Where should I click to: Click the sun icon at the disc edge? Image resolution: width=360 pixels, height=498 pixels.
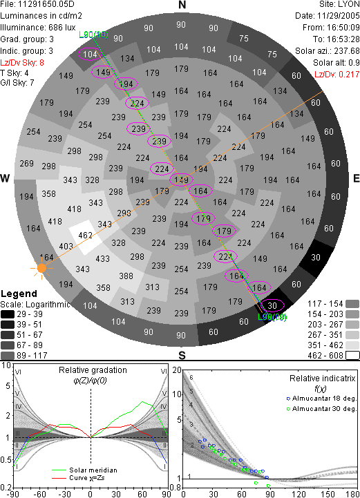click(41, 269)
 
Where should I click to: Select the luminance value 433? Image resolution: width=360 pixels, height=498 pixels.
click(103, 258)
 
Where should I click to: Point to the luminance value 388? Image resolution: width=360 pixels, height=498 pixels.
click(126, 276)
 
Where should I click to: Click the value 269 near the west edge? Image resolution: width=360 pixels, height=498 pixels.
click(27, 163)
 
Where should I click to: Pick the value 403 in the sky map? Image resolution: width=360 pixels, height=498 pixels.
click(66, 246)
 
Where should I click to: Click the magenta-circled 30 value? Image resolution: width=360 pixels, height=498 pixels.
click(272, 305)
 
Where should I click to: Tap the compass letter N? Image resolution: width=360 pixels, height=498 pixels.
click(182, 5)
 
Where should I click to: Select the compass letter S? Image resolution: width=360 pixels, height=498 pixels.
click(182, 355)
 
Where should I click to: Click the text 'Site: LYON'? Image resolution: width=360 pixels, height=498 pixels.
click(339, 4)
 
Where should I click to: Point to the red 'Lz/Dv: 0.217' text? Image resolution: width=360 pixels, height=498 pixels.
click(337, 75)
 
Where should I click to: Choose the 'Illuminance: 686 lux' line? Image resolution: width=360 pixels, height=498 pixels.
click(38, 28)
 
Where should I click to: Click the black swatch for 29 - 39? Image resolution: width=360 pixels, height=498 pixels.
click(8, 314)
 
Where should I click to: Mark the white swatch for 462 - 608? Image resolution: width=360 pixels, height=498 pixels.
click(352, 355)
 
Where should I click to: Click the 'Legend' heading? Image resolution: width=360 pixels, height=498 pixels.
click(19, 294)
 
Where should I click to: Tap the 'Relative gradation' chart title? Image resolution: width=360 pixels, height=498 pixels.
click(93, 370)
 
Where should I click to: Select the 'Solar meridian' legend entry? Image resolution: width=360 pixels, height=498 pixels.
click(84, 470)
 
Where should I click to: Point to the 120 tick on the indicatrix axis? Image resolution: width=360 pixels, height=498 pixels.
click(299, 494)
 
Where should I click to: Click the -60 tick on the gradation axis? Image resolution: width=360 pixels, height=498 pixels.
click(40, 494)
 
